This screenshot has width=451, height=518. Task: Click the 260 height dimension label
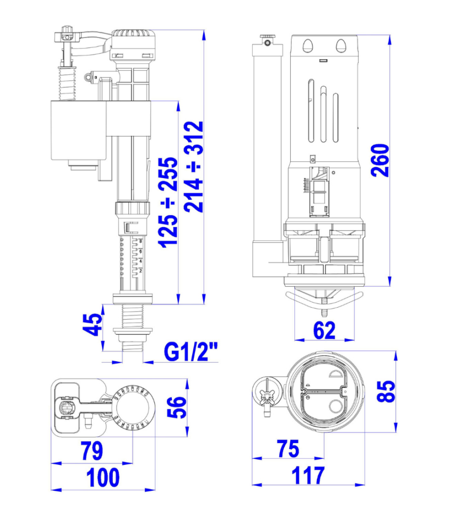coord(380,160)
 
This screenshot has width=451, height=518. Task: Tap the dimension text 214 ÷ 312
coord(194,167)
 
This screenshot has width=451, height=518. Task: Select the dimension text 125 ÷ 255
coord(168,202)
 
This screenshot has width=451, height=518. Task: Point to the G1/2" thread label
coord(191,352)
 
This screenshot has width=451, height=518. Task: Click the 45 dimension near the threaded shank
coord(93,324)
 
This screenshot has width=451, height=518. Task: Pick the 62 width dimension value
coord(324,330)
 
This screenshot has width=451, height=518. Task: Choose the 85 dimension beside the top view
coord(386,392)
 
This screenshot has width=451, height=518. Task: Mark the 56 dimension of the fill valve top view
coord(177,407)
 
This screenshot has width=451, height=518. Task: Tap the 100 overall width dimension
coord(103,478)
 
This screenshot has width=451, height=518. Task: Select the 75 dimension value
coord(289,449)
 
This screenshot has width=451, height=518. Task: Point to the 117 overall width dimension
coord(308,476)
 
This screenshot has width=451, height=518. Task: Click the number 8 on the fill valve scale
coord(141,241)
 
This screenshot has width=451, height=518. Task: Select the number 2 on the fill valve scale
coord(141,271)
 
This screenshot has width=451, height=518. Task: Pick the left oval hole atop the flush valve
coord(308,46)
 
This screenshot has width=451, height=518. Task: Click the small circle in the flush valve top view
coord(335,406)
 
